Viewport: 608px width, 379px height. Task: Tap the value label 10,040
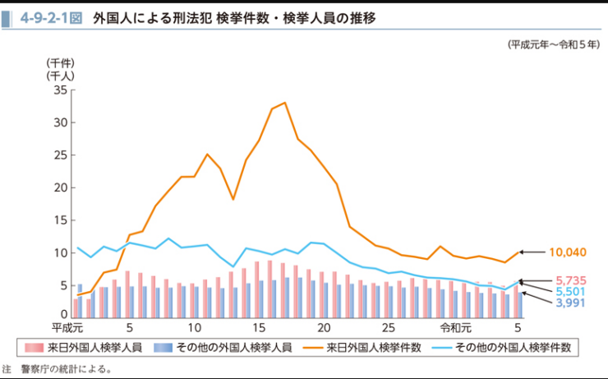(x=569, y=252)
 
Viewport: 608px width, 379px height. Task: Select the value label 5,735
(x=571, y=280)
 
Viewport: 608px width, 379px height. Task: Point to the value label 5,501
(x=571, y=292)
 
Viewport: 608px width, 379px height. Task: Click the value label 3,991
(x=571, y=303)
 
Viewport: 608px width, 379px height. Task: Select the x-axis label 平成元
(x=67, y=327)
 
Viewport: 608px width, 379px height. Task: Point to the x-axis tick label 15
(x=259, y=327)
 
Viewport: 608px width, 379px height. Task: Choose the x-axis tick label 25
(x=389, y=327)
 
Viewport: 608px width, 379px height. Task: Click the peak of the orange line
(x=284, y=103)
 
